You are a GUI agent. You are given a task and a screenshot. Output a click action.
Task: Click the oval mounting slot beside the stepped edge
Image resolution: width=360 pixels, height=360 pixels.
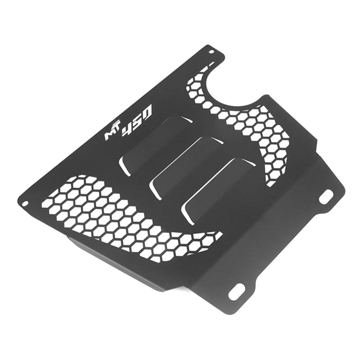[326, 197]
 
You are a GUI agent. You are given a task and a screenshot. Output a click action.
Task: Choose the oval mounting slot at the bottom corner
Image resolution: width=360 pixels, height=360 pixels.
[237, 291]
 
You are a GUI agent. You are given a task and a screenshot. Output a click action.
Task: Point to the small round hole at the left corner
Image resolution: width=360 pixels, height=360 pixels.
[25, 202]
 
